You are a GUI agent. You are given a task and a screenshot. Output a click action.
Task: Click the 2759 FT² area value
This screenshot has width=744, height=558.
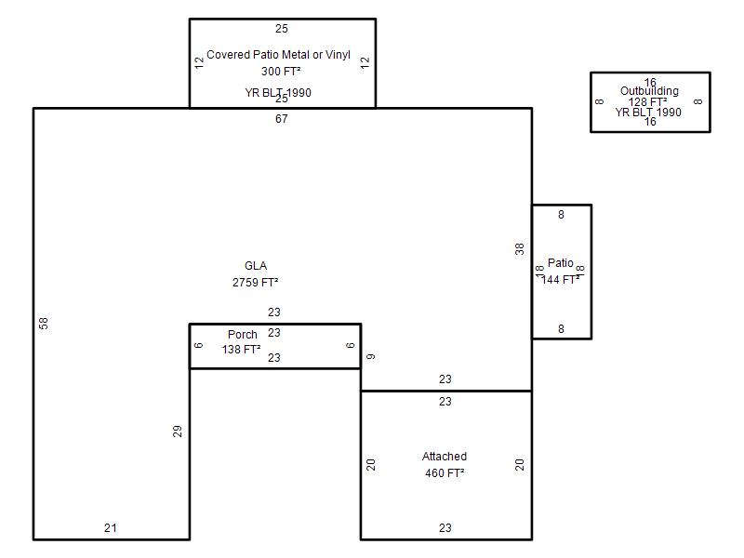pos(256,282)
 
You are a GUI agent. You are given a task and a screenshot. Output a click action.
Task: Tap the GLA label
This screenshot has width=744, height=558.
pos(256,266)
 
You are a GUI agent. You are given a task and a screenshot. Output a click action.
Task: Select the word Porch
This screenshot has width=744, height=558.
pos(243,335)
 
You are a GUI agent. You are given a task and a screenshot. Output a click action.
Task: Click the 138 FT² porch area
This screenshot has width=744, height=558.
pos(241,350)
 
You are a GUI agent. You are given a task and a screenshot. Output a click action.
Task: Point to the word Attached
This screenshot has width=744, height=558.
pos(445,457)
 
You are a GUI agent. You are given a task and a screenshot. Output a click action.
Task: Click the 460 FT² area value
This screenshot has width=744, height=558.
pos(445,472)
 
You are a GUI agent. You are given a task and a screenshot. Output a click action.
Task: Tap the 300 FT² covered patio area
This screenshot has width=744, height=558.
pos(281,71)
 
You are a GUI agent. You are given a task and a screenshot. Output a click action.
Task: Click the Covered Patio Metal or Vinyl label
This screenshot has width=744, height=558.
pos(279,55)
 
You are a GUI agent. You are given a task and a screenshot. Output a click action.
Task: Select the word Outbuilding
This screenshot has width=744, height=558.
pos(649,91)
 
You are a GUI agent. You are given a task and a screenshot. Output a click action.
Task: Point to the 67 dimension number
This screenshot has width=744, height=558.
pos(282,119)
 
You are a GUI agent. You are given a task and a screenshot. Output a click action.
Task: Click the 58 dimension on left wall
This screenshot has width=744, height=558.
pos(44,323)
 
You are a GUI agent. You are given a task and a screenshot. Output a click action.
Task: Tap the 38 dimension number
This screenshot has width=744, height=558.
pos(520,248)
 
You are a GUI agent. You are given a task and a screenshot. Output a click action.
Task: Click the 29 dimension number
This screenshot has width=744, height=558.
pos(178,431)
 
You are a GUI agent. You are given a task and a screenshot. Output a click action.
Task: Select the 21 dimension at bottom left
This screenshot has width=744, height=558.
pos(111,528)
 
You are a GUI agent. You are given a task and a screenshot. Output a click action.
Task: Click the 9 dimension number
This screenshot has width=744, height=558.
pos(371,356)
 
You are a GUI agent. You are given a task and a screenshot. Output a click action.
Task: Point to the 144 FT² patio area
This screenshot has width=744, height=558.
pos(562,279)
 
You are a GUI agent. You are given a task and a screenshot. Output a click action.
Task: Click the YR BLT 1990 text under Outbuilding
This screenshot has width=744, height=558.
pos(648,113)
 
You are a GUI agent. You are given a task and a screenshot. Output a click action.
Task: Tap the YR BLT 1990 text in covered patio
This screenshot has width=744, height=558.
pos(278,93)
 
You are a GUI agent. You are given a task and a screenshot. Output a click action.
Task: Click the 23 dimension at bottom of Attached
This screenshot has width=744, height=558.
pos(445,528)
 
